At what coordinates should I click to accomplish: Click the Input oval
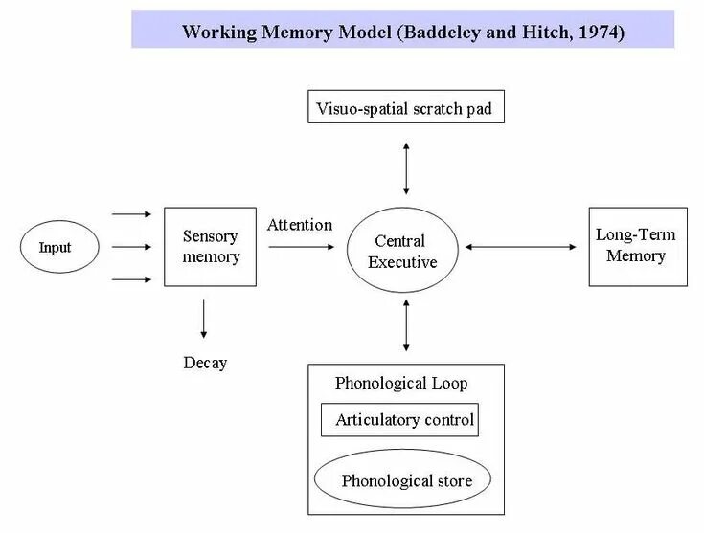pyautogui.click(x=56, y=248)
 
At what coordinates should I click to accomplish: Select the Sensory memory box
pyautogui.click(x=211, y=246)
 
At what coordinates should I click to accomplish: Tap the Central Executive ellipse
pyautogui.click(x=406, y=251)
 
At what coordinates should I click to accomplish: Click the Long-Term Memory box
pyautogui.click(x=637, y=246)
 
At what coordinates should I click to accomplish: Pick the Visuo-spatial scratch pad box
pyautogui.click(x=404, y=108)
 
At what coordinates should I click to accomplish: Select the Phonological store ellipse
pyautogui.click(x=406, y=480)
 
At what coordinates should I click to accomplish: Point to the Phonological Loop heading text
pyautogui.click(x=401, y=383)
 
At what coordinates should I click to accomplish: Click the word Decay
pyautogui.click(x=205, y=363)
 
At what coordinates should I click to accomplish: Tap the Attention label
pyautogui.click(x=300, y=225)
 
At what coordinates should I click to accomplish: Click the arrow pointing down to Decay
pyautogui.click(x=204, y=319)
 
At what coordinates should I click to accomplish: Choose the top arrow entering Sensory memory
pyautogui.click(x=132, y=214)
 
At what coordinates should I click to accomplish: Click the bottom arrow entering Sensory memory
pyautogui.click(x=132, y=279)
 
